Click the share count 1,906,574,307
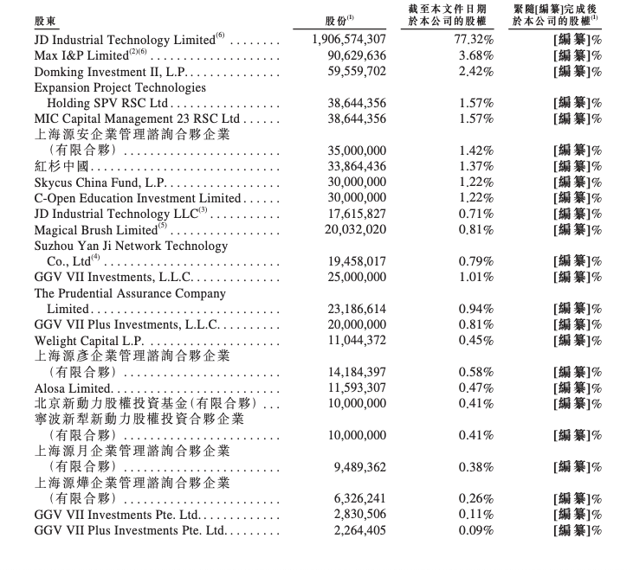click(x=348, y=40)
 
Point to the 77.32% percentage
click(x=475, y=40)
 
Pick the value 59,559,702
click(x=357, y=71)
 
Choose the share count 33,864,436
click(x=357, y=166)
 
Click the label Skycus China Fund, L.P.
click(x=100, y=183)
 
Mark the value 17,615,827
click(x=357, y=214)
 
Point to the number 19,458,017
click(x=357, y=261)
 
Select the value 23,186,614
click(x=357, y=309)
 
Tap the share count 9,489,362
click(x=360, y=467)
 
